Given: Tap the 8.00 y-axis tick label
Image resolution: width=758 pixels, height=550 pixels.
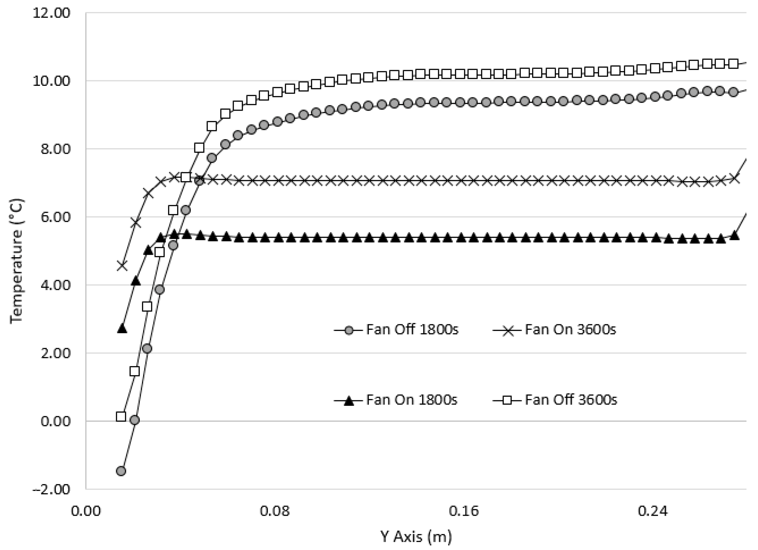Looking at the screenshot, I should [x=55, y=149].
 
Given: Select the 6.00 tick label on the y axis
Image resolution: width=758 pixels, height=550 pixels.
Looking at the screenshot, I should [x=55, y=217].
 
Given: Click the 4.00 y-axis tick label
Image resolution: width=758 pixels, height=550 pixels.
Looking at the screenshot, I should [x=55, y=285].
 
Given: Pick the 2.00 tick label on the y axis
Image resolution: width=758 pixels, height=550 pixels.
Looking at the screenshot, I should [x=55, y=353].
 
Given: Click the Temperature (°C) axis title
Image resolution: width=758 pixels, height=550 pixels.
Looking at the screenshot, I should [x=16, y=261].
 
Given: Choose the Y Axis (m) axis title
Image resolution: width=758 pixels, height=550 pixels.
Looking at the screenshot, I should [x=416, y=537].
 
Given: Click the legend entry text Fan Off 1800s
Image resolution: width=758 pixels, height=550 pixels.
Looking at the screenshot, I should [x=412, y=329].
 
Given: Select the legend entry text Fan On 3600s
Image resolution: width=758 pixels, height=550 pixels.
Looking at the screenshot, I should [x=570, y=329].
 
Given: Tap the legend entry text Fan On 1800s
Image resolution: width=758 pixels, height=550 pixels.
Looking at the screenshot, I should [x=412, y=400].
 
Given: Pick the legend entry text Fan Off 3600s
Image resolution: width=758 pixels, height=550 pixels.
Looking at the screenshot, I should [x=571, y=400].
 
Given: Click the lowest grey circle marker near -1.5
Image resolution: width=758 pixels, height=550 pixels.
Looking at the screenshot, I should [x=121, y=471].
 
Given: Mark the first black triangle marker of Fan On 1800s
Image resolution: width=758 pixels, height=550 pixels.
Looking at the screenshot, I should [x=122, y=329].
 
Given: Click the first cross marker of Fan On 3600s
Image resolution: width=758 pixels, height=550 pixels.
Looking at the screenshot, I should [x=122, y=266].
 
